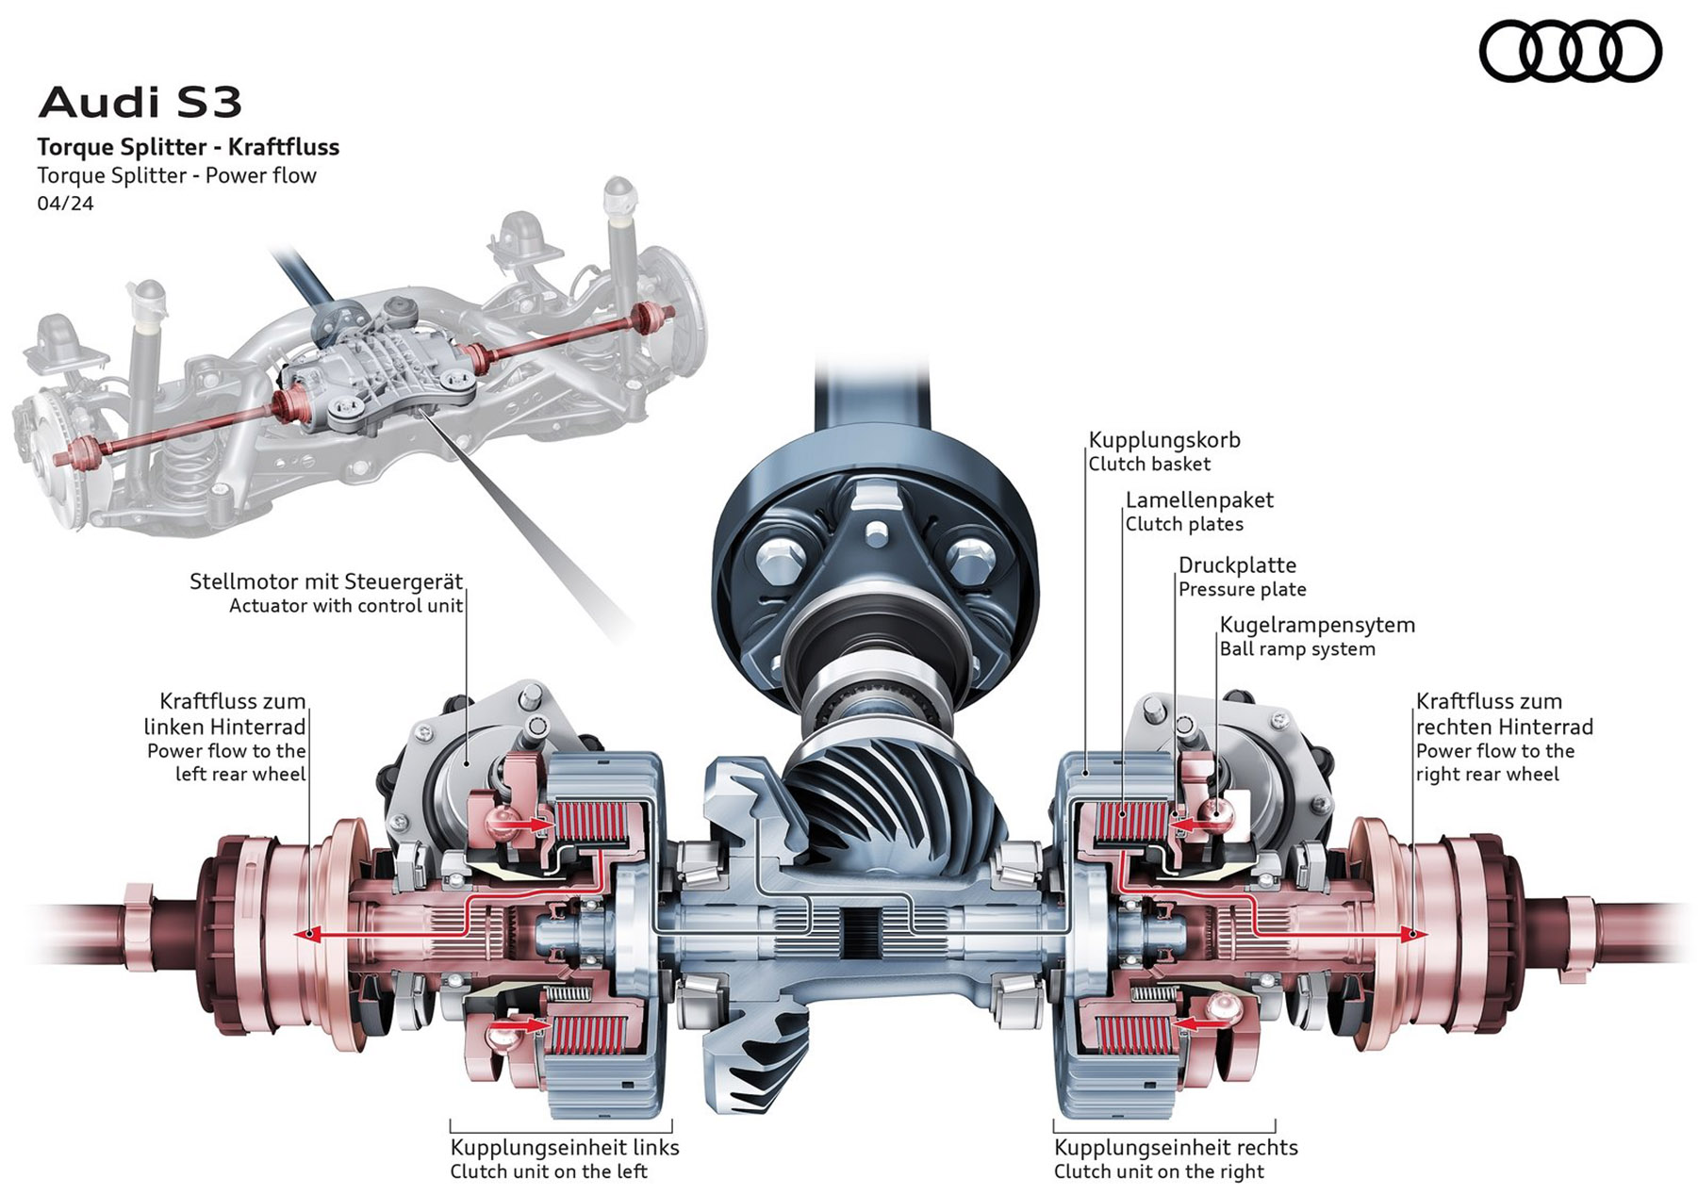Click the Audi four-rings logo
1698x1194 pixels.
pyautogui.click(x=1570, y=51)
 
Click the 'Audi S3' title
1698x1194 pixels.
pyautogui.click(x=140, y=103)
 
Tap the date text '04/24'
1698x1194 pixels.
pyautogui.click(x=65, y=204)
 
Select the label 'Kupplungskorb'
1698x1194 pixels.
pyautogui.click(x=1164, y=440)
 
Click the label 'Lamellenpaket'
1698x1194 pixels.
pyautogui.click(x=1199, y=500)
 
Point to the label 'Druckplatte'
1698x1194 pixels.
pyautogui.click(x=1237, y=565)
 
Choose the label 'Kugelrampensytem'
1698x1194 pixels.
pyautogui.click(x=1317, y=625)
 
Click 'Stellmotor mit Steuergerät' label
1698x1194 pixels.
pyautogui.click(x=326, y=581)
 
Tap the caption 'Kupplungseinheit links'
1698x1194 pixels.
pyautogui.click(x=565, y=1148)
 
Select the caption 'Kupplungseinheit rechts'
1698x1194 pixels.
pyautogui.click(x=1176, y=1148)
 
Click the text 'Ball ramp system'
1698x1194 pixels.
pyautogui.click(x=1297, y=649)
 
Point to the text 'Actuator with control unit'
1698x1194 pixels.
pyautogui.click(x=346, y=606)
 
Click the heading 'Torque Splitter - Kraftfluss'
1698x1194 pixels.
pyautogui.click(x=189, y=147)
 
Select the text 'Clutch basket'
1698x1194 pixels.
pyautogui.click(x=1149, y=465)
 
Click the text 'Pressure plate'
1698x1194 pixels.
pyautogui.click(x=1243, y=590)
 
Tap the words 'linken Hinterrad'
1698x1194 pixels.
pyautogui.click(x=224, y=728)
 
